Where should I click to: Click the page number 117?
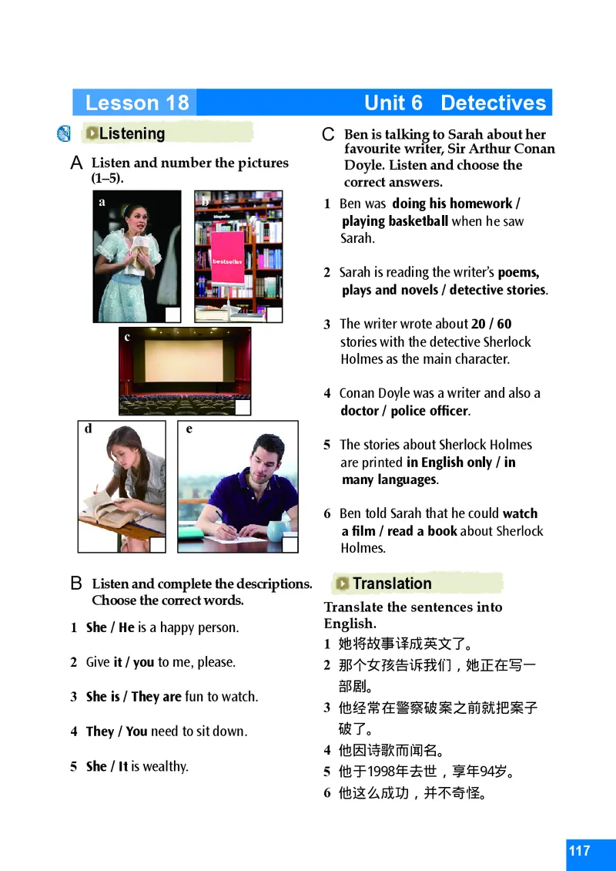pyautogui.click(x=580, y=851)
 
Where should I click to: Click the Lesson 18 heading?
pyautogui.click(x=137, y=103)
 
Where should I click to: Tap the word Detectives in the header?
pyautogui.click(x=493, y=103)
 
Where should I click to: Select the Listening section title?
pyautogui.click(x=132, y=133)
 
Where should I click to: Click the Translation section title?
pyautogui.click(x=392, y=583)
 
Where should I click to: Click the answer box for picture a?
pyautogui.click(x=173, y=314)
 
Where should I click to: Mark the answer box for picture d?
pyautogui.click(x=157, y=544)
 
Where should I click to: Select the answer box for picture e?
pyautogui.click(x=290, y=544)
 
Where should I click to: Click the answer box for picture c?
pyautogui.click(x=243, y=407)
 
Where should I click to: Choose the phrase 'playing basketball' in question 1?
pyautogui.click(x=395, y=221)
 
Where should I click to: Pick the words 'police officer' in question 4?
pyautogui.click(x=430, y=411)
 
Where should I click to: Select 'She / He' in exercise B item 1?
pyautogui.click(x=110, y=627)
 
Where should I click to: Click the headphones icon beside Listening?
pyautogui.click(x=64, y=134)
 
